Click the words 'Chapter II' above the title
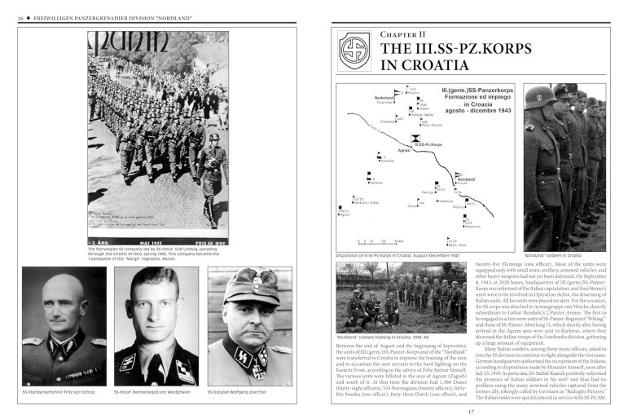(402, 34)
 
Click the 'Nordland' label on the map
(466, 179)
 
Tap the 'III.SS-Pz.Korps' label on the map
(428, 144)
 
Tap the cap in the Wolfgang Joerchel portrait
(248, 287)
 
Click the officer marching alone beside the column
(210, 175)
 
